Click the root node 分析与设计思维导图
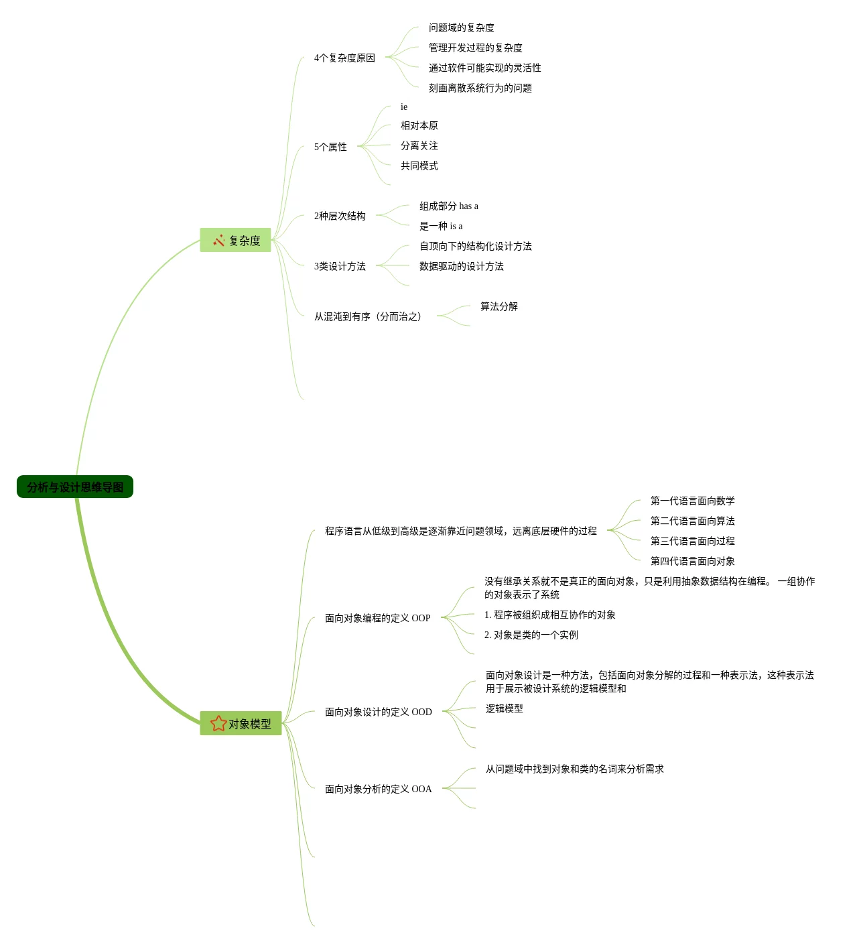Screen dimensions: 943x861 coord(75,487)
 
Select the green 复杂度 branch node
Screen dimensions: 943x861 coord(236,241)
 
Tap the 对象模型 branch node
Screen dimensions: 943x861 coord(241,724)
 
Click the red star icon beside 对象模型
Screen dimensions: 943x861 coord(218,724)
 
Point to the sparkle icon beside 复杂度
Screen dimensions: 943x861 coord(219,241)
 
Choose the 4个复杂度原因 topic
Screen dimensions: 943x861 coord(344,58)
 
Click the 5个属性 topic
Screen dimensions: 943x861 coord(330,147)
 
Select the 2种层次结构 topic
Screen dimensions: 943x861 coord(340,216)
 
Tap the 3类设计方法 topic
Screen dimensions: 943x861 coord(340,267)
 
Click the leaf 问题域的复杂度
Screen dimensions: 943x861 coord(462,28)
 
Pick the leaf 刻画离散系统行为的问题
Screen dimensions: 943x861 coord(480,88)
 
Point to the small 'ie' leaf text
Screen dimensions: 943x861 coord(404,107)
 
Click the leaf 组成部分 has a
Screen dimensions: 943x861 coord(449,206)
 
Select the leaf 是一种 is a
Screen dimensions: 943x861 coord(441,227)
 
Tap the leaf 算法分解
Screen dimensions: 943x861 coord(499,307)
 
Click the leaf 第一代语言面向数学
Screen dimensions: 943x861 coord(693,501)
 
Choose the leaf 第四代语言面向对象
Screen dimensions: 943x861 coord(693,562)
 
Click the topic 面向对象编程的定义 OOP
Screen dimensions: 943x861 coord(378,619)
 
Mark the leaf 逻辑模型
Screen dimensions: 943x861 coord(505,709)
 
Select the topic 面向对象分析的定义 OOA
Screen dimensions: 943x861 coord(379,790)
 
